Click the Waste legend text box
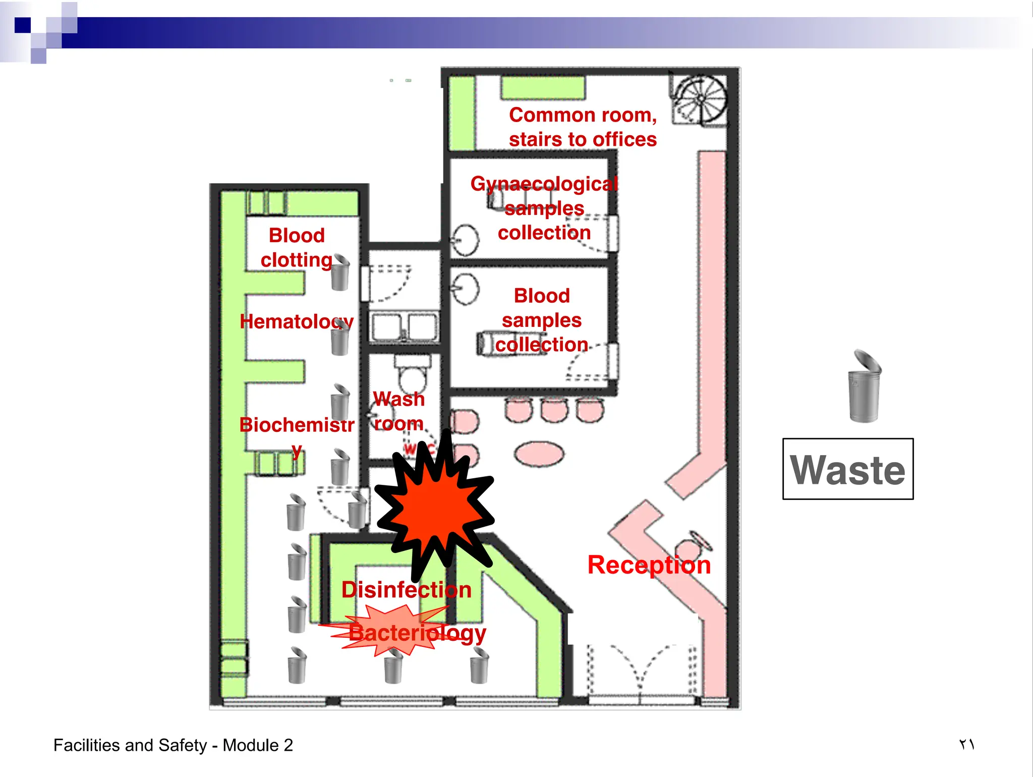[x=847, y=469]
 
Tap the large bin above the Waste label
[x=864, y=386]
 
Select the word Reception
[x=649, y=565]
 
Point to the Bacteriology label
[x=417, y=633]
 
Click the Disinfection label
[x=406, y=590]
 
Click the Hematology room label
[x=297, y=321]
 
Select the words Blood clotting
[x=297, y=248]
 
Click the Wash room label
[x=399, y=411]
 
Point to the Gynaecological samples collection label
[x=544, y=208]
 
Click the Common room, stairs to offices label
[x=583, y=127]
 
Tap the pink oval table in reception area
[x=539, y=453]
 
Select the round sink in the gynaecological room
[x=465, y=240]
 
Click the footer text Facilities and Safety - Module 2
[x=173, y=745]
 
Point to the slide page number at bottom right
[x=966, y=744]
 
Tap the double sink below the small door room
[x=404, y=327]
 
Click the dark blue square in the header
[x=23, y=25]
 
